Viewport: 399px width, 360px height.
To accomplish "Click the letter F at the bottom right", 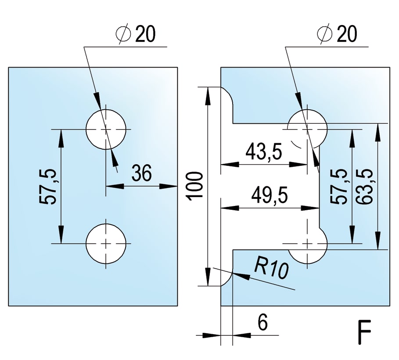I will [364, 334].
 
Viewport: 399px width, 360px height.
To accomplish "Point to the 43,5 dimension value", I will [263, 152].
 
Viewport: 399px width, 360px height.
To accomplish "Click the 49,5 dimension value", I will [270, 196].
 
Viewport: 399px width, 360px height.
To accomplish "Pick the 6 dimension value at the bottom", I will [262, 323].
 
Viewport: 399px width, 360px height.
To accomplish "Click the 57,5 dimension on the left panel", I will [48, 186].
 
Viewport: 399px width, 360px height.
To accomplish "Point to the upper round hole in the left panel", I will [106, 129].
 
